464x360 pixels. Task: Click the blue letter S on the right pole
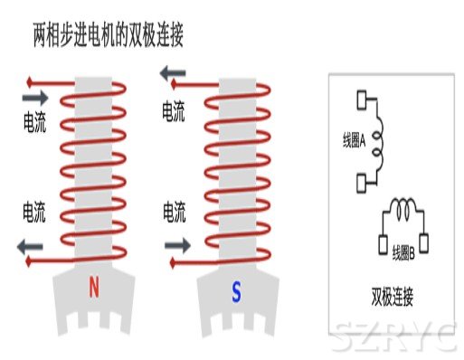pos(236,291)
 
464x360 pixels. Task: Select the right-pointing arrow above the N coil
pos(35,96)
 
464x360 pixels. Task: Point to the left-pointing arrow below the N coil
pos(32,243)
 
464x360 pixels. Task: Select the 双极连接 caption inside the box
pos(393,296)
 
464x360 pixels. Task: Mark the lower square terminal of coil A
pos(363,185)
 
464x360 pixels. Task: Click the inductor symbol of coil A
pos(378,143)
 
